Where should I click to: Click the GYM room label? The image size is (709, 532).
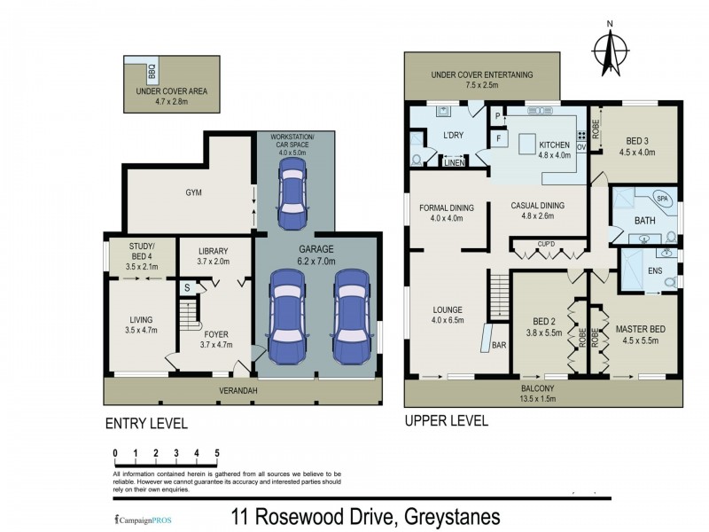194,192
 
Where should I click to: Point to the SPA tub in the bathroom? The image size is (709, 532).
661,199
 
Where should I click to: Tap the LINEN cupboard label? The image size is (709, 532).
454,163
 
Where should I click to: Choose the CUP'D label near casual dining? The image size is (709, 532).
545,243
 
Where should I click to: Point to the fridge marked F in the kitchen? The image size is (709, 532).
500,139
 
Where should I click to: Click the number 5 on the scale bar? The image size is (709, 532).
216,453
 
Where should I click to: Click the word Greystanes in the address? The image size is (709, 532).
452,516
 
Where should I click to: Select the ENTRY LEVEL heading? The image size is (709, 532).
146,423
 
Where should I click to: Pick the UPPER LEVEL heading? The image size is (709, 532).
446,421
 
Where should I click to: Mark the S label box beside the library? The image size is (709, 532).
187,288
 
